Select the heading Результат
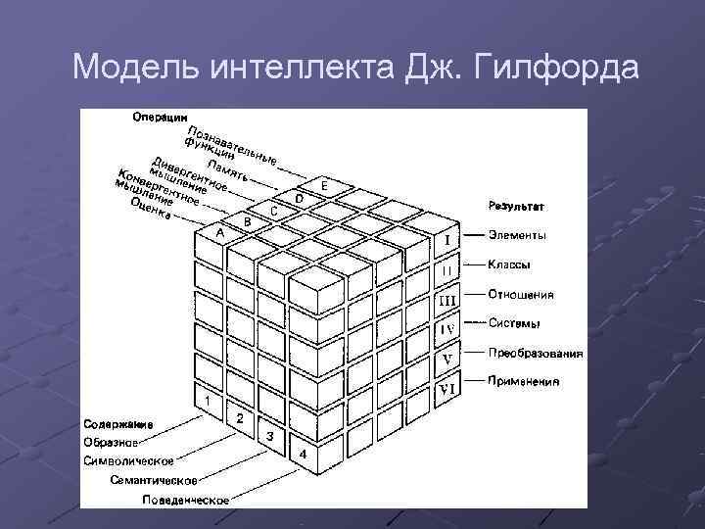(516, 208)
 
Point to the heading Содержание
(117, 424)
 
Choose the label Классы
(510, 264)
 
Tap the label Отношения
(521, 294)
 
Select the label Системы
(515, 323)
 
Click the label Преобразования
(536, 354)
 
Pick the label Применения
(524, 381)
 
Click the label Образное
(110, 442)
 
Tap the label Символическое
(129, 459)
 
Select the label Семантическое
(154, 480)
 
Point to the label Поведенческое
(185, 500)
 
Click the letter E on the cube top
(323, 186)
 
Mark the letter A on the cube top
(220, 235)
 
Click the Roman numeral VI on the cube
(447, 389)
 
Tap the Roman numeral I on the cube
(447, 239)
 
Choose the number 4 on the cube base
(303, 455)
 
